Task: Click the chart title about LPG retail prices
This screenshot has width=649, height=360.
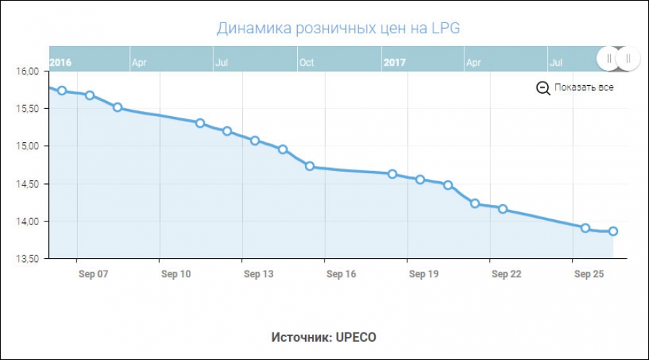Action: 338,28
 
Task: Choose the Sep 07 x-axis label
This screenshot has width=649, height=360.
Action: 94,274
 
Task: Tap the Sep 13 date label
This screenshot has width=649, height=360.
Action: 259,274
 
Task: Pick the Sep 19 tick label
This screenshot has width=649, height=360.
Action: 424,274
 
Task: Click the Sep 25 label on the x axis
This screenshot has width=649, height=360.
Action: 588,274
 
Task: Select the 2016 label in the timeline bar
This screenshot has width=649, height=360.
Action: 61,63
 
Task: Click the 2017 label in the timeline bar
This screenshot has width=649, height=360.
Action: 394,63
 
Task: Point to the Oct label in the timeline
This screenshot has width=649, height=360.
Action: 306,63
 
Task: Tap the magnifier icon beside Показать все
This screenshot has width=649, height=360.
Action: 543,88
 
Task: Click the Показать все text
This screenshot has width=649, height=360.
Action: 584,88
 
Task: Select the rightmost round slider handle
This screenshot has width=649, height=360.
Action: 628,58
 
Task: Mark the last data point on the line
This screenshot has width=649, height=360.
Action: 613,231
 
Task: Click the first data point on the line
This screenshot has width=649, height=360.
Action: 62,91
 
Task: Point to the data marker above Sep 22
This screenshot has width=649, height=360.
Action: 503,209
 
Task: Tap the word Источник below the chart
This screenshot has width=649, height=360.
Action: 299,337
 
